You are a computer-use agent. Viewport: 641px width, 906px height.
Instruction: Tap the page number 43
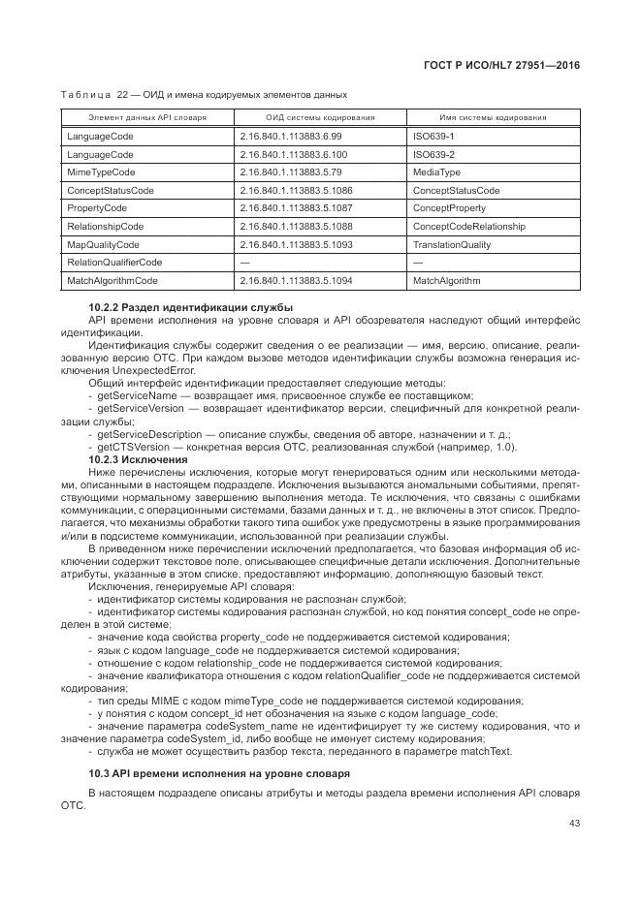click(x=573, y=823)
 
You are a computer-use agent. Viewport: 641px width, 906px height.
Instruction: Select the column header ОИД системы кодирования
click(x=320, y=117)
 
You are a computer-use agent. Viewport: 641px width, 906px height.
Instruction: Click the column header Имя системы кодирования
click(x=493, y=117)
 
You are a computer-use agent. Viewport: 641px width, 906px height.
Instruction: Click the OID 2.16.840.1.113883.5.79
click(x=289, y=172)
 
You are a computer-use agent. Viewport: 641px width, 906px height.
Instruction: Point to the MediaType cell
click(x=436, y=172)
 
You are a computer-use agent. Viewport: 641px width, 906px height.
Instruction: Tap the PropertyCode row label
click(x=97, y=208)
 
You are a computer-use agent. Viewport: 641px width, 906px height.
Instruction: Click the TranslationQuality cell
click(x=451, y=244)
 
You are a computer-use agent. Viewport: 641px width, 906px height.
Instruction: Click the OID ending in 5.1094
click(x=296, y=281)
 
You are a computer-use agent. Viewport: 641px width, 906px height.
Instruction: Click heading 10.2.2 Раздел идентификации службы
click(x=190, y=308)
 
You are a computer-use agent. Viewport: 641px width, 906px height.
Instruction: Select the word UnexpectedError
click(x=154, y=370)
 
